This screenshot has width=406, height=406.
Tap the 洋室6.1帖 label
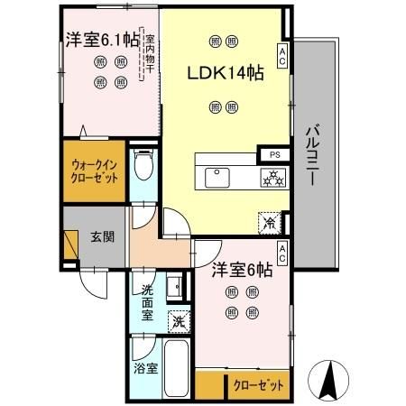click(100, 40)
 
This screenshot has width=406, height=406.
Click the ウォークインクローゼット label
click(95, 171)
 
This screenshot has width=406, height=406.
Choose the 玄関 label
click(102, 237)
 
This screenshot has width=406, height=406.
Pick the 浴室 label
click(145, 369)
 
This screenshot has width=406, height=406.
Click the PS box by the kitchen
click(275, 153)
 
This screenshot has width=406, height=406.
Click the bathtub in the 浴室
click(178, 368)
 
